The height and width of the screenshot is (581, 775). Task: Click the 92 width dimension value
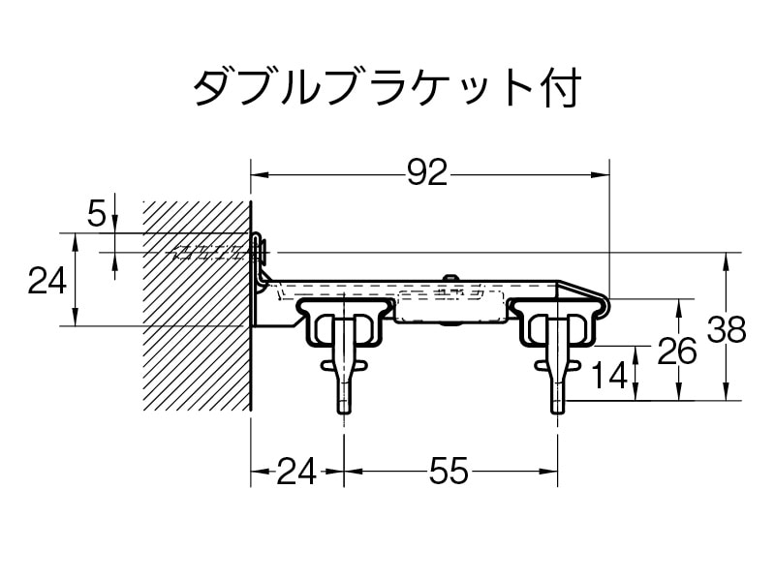(427, 173)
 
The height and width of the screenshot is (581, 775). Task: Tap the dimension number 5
(97, 214)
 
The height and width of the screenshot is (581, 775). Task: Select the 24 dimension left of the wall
(46, 280)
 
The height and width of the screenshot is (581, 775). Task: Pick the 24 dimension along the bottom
(296, 471)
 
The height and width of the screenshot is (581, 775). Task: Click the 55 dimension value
(448, 471)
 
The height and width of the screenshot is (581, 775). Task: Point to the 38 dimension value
(726, 329)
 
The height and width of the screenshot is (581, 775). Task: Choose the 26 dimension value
(676, 352)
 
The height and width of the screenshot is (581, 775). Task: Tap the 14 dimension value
(609, 375)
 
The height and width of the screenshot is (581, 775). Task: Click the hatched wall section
(198, 306)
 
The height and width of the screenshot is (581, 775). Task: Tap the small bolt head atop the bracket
(449, 278)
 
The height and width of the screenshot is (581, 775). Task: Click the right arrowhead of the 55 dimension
(549, 471)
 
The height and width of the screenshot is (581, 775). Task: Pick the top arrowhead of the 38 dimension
(726, 261)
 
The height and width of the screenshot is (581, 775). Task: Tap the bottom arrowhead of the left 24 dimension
(76, 317)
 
